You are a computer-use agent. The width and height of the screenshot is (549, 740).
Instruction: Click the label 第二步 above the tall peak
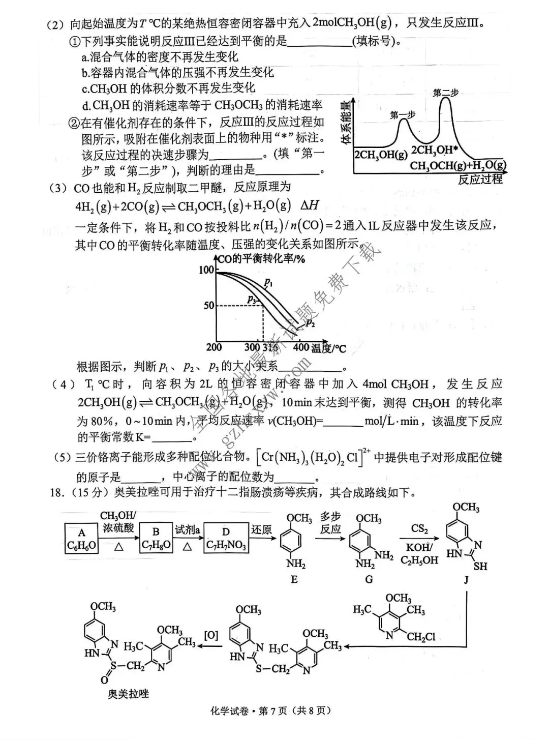coord(446,93)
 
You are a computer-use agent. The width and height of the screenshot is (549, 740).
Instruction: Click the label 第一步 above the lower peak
coord(403,115)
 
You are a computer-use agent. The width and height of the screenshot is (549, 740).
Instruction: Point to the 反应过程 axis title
coord(480,179)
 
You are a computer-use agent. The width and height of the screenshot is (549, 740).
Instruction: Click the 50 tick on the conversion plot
coord(209,306)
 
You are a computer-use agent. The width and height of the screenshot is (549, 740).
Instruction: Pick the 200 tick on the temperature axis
coord(214,347)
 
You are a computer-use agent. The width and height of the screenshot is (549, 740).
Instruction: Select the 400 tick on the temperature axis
coord(301,347)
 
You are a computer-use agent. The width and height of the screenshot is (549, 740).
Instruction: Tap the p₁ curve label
coord(268,283)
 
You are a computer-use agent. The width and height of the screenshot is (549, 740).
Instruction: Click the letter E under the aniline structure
coord(294,579)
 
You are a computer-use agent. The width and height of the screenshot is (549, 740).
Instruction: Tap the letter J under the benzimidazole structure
coord(466,579)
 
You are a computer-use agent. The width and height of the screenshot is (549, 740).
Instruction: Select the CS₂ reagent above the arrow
coord(419,529)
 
